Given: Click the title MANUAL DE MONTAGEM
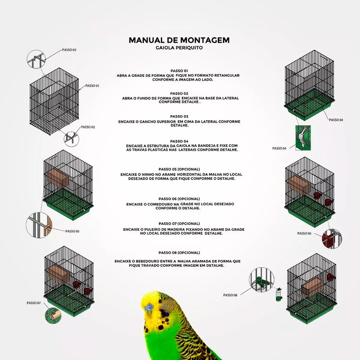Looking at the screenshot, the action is point(179,40).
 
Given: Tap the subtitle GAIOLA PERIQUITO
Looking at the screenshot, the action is point(179,48).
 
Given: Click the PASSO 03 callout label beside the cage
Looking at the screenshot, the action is point(69,50).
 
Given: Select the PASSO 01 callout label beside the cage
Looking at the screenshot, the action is point(92,85).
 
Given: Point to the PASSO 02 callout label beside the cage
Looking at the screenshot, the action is point(88,127).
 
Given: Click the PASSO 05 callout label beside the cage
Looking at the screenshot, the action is point(72,231).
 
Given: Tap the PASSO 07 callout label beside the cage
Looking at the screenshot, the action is point(33,303).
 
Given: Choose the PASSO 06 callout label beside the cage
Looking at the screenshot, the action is point(304,233).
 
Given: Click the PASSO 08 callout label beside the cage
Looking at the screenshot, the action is point(230,295).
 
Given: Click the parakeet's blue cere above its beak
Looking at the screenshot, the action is point(149,307).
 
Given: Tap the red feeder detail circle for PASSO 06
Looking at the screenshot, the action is point(332,239).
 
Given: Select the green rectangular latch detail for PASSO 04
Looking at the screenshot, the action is point(303,138).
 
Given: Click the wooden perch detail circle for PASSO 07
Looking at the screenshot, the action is point(53,316).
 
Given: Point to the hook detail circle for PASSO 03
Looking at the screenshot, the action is point(36,59).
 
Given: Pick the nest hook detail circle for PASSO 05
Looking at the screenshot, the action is point(39,225).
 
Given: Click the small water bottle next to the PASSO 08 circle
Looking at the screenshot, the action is point(279,295).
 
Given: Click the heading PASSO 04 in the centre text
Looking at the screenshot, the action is point(179,141).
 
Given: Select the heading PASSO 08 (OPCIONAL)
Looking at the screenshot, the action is point(179,252).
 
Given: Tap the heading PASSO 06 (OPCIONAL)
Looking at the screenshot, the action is point(179,199).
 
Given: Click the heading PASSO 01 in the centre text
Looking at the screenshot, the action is point(179,71).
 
